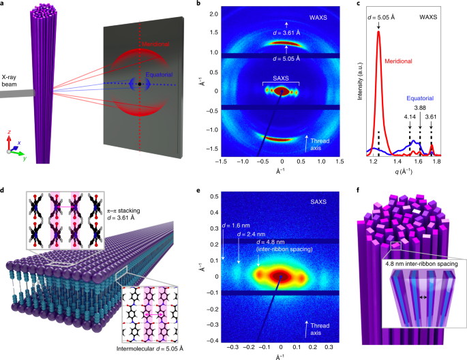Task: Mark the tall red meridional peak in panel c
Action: pos(378,34)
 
